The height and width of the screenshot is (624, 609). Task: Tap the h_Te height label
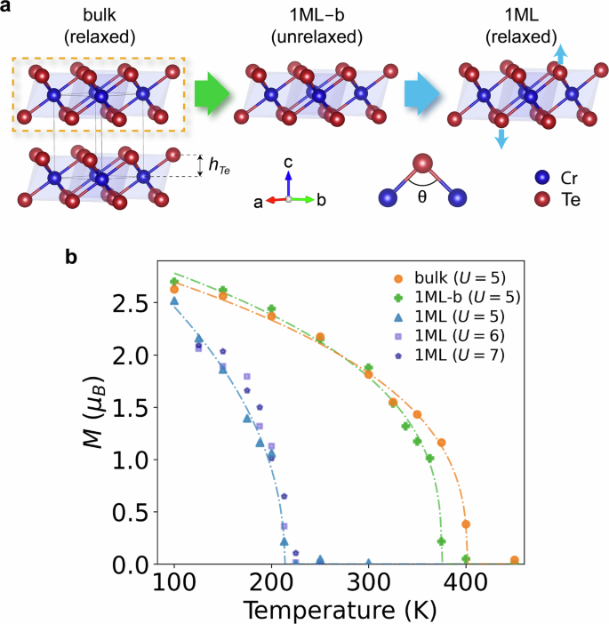pyautogui.click(x=215, y=164)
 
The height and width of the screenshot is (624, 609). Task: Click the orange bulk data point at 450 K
pyautogui.click(x=515, y=560)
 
